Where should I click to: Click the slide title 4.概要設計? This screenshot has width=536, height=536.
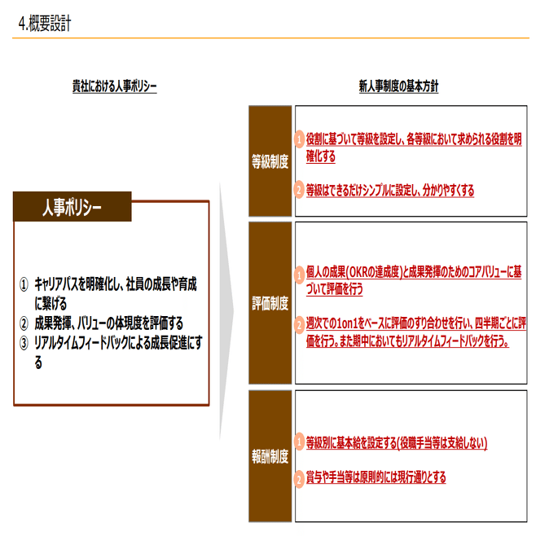point(44,24)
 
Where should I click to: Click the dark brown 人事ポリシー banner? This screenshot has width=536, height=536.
point(72,208)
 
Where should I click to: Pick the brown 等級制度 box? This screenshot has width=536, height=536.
point(270,161)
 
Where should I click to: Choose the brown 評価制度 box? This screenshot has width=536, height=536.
point(270,304)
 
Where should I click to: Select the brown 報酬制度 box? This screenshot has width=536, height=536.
point(270,456)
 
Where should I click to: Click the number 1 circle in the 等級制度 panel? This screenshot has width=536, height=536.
point(299,140)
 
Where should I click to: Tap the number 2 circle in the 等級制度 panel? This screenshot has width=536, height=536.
point(299,191)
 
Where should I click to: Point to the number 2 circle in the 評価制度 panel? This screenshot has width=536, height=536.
point(299,326)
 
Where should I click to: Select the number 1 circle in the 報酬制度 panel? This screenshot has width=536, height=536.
point(299,443)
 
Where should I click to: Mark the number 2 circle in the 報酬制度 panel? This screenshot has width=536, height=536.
point(299,477)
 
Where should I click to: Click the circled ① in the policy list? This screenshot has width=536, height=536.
point(24,285)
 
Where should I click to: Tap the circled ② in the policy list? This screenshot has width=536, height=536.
point(24,323)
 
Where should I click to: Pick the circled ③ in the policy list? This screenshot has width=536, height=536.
point(24,341)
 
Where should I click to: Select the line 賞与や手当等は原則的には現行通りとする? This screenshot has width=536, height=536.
point(376,477)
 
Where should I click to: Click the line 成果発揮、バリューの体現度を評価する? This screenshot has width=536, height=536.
point(108,323)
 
